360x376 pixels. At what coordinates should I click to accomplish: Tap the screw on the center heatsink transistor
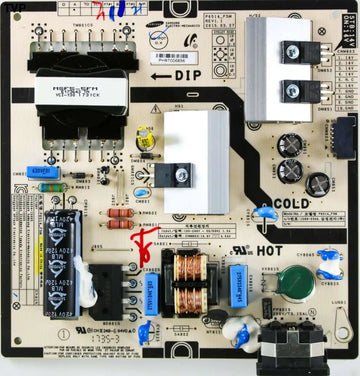click(181, 175)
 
